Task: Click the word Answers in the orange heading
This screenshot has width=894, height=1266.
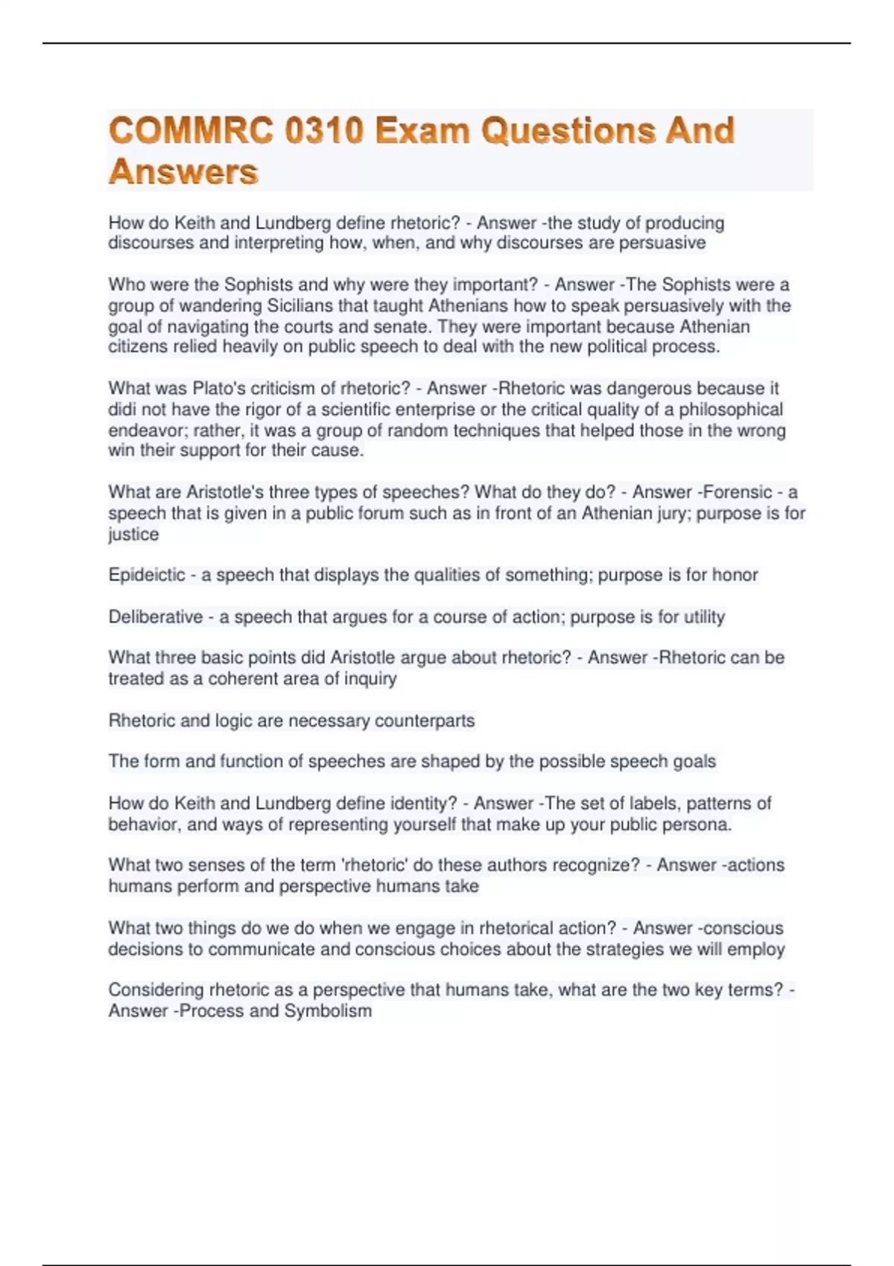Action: coord(183,172)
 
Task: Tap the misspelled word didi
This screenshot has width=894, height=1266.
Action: coord(121,410)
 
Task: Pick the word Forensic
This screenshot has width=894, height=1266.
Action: coord(738,492)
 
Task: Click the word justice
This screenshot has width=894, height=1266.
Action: coord(133,535)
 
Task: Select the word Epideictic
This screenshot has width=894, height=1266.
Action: coord(147,575)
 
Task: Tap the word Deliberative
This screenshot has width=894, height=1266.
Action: coord(155,617)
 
